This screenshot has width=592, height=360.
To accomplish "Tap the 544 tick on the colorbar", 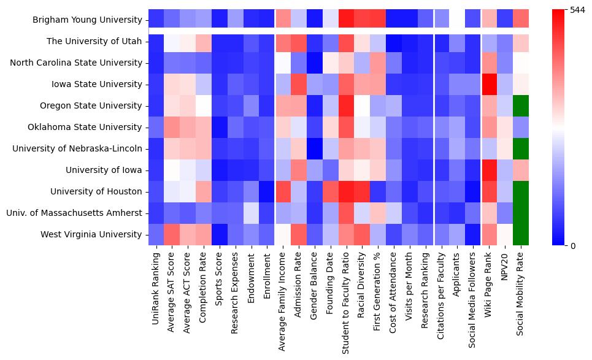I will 579,10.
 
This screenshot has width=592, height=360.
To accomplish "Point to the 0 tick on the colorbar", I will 574,246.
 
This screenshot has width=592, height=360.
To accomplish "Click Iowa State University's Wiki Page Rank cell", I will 488,84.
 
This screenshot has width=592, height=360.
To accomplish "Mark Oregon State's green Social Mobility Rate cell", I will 520,105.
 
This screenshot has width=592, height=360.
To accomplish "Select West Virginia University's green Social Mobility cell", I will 520,234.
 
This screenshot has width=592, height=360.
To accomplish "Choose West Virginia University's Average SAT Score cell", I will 172,234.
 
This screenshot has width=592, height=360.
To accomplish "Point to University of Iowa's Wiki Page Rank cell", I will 488,170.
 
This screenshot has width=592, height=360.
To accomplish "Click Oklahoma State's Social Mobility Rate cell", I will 520,127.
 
